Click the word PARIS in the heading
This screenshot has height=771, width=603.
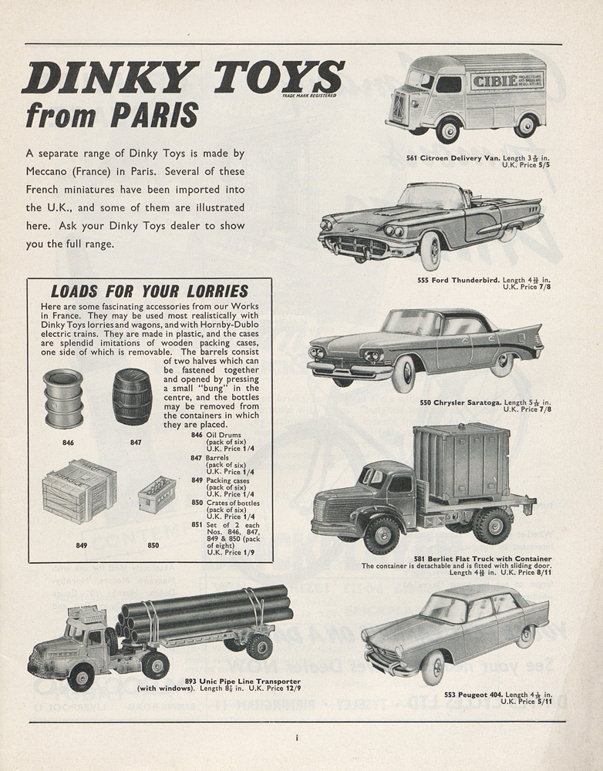pyautogui.click(x=154, y=115)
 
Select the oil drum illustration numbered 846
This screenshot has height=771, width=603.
pyautogui.click(x=63, y=398)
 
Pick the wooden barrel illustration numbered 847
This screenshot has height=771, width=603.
pyautogui.click(x=132, y=396)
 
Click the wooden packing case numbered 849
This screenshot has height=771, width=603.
pyautogui.click(x=79, y=490)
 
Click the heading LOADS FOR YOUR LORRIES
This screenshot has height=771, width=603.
pyautogui.click(x=149, y=291)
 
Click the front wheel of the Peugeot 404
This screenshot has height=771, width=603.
pyautogui.click(x=433, y=668)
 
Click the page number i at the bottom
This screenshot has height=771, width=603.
pyautogui.click(x=297, y=738)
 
